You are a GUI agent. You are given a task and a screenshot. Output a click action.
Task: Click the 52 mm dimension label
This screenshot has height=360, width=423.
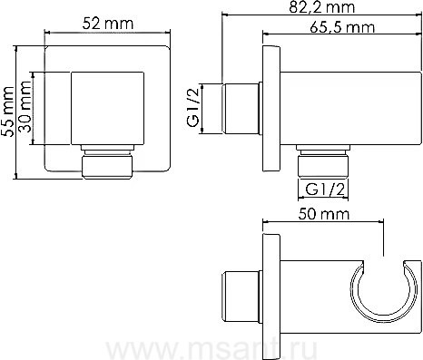pyautogui.click(x=107, y=24)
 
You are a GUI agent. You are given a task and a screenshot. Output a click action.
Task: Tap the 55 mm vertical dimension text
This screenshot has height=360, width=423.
pyautogui.click(x=7, y=112)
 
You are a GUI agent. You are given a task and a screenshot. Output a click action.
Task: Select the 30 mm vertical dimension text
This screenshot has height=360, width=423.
pyautogui.click(x=25, y=107)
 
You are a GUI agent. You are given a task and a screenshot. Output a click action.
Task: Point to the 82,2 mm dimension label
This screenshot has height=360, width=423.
pyautogui.click(x=321, y=7)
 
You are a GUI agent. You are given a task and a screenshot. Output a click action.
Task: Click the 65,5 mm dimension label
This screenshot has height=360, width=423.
pyautogui.click(x=342, y=27)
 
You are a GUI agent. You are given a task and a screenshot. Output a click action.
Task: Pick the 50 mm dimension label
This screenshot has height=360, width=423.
pyautogui.click(x=323, y=214)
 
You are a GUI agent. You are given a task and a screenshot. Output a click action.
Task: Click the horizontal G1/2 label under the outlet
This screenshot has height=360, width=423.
pyautogui.click(x=325, y=190)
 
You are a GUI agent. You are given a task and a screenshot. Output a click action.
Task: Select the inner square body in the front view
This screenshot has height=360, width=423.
pyautogui.click(x=107, y=108)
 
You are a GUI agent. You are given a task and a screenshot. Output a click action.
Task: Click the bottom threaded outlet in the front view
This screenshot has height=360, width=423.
pyautogui.click(x=107, y=162)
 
